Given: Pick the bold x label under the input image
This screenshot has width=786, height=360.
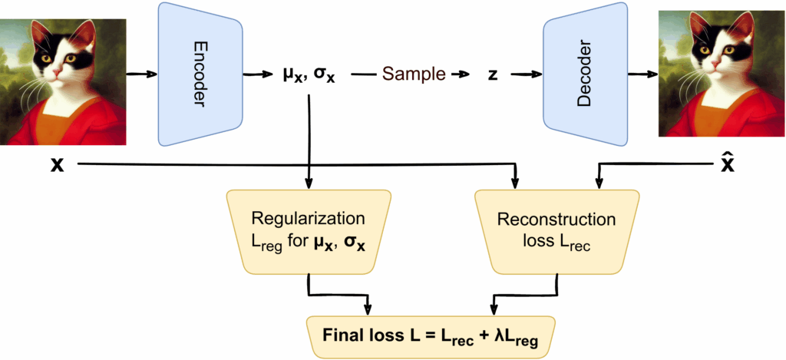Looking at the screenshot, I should pos(57,164).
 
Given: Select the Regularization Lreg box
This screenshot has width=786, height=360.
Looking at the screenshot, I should pos(307,230).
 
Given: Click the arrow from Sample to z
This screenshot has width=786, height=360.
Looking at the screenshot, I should pos(460,74).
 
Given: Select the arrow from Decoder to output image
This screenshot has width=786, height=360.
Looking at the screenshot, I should pos(642,74).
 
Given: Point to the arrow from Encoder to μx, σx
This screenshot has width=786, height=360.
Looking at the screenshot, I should pos(259,74).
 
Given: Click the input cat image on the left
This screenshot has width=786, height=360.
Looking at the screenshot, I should pos(63,82).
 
